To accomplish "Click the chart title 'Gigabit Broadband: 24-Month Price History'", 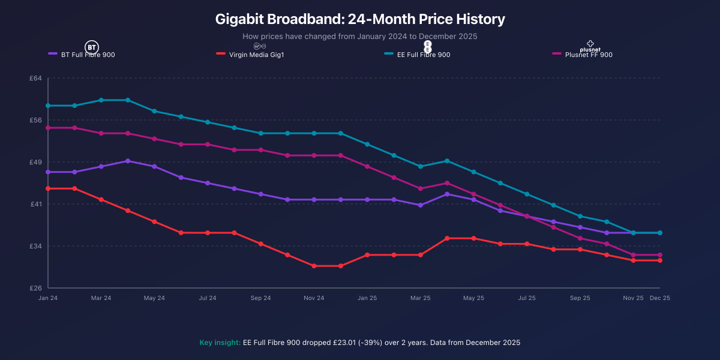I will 360,19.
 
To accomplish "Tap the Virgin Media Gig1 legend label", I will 252,55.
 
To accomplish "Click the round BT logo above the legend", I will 91,46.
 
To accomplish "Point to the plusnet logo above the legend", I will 590,46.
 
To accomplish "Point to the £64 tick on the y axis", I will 36,78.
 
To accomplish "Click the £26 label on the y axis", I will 36,288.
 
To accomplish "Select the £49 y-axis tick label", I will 36,162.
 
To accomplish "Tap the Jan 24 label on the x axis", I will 48,298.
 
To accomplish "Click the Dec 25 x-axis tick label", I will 660,298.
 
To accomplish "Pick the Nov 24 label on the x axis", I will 314,298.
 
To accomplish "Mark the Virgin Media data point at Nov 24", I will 314,266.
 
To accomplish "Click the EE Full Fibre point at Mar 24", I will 101,100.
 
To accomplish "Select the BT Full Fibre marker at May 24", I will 154,166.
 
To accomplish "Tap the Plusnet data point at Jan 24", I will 48,128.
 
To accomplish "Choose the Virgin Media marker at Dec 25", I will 660,260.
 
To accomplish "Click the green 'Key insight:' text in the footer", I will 220,343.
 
